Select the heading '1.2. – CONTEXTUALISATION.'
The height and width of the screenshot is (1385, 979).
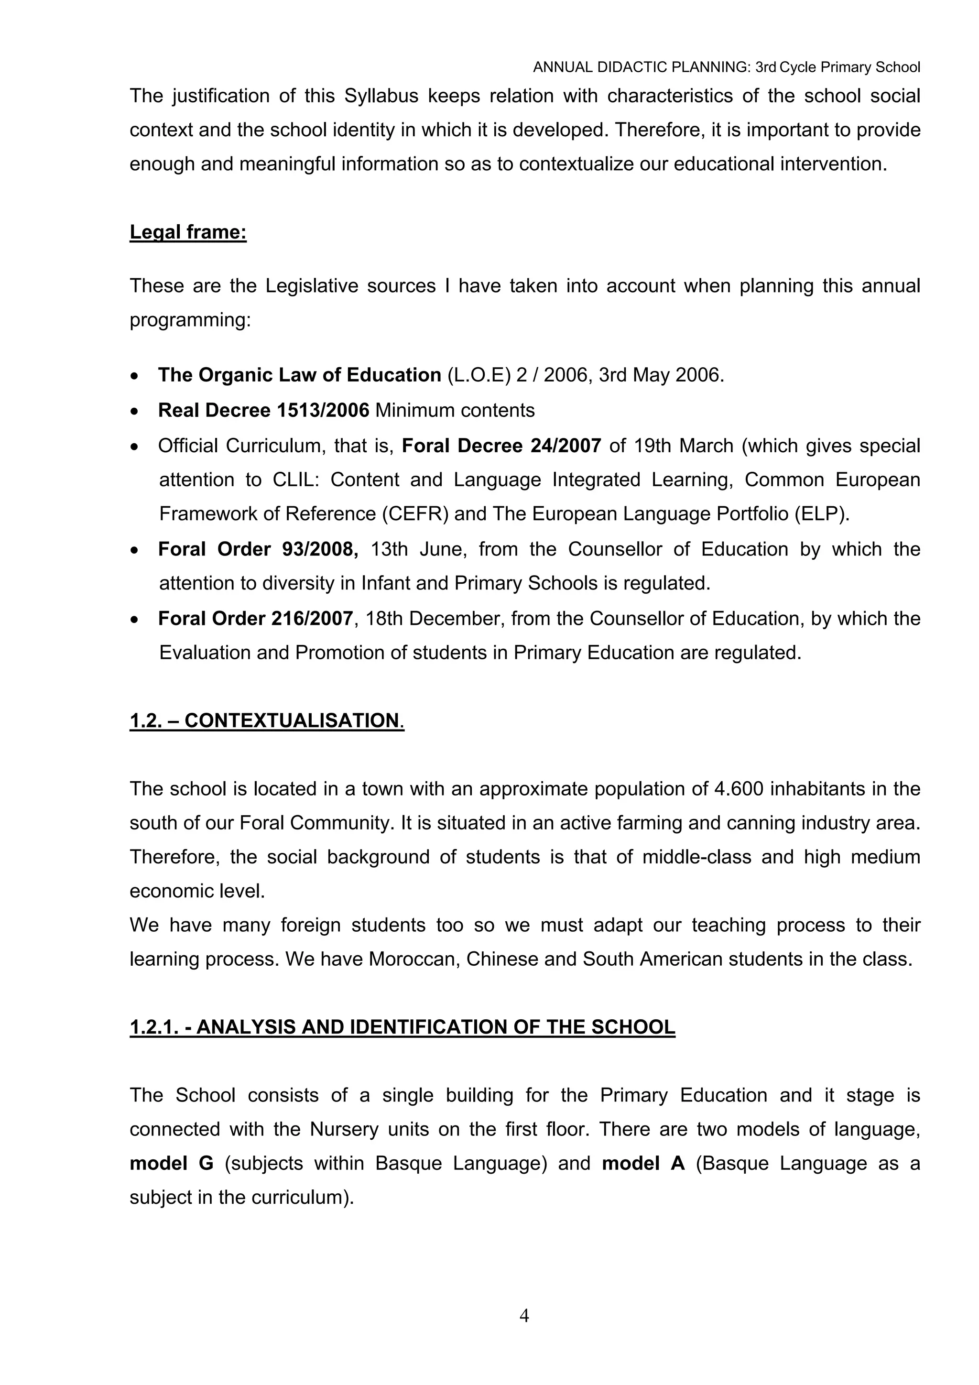pos(267,720)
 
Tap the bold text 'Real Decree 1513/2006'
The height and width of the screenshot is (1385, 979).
pos(263,410)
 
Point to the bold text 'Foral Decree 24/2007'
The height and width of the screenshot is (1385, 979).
pos(501,446)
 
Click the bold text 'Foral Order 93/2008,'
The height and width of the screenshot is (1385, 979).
pos(258,549)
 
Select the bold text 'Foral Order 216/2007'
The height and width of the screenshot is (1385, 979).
pos(255,618)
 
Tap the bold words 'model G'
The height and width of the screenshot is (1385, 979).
pos(171,1163)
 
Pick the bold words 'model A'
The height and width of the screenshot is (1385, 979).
pos(643,1163)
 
